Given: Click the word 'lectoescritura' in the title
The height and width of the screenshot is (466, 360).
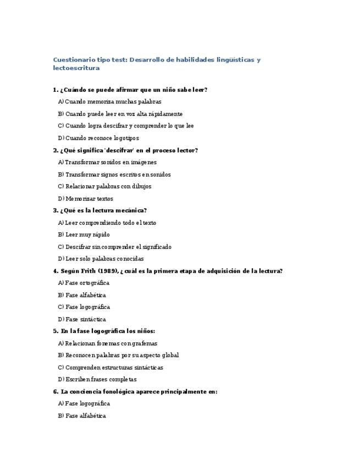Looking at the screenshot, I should click(76, 68).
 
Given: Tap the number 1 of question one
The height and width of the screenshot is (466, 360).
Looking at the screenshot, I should click(55, 90).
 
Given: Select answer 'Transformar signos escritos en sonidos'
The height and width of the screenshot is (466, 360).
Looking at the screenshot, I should click(118, 174).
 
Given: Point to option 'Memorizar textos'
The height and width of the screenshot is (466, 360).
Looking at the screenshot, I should click(88, 198).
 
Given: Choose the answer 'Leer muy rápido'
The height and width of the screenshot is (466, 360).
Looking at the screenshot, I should click(87, 235).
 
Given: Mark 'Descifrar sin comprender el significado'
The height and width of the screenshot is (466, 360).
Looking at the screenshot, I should click(118, 247).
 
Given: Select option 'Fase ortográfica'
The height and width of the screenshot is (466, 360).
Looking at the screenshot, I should click(87, 283).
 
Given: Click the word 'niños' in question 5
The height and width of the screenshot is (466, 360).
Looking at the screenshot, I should click(145, 331).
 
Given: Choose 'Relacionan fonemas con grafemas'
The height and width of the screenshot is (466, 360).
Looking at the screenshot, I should click(111, 343).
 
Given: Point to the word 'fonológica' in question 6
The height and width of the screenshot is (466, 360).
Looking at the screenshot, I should click(117, 392).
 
